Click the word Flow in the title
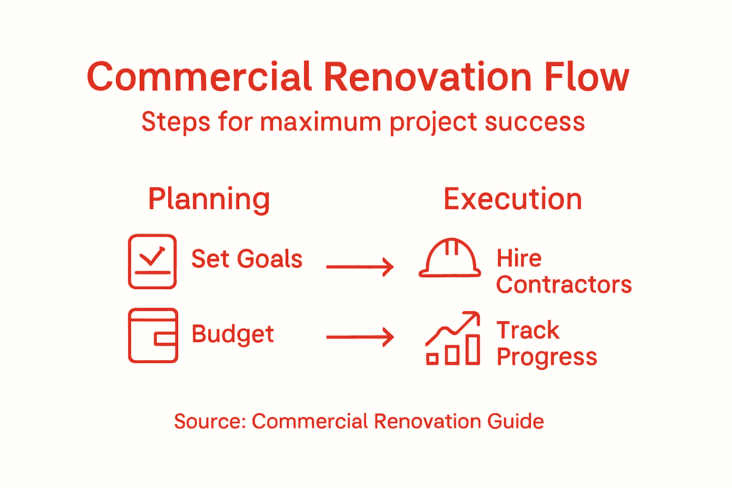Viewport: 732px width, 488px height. tap(587, 77)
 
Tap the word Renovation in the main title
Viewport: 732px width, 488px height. tap(427, 77)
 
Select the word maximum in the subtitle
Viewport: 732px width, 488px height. tap(320, 122)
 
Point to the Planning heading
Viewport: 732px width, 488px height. tap(209, 199)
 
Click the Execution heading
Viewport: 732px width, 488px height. tap(513, 199)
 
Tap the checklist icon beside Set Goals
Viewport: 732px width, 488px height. tap(152, 262)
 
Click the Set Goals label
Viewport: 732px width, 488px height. tap(247, 259)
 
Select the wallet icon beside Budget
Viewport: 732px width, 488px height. tap(153, 335)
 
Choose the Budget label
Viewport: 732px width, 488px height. tap(233, 334)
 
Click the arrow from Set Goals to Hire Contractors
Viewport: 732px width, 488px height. tap(360, 267)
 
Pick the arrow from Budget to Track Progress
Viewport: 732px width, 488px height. tap(360, 337)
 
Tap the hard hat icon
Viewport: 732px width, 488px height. tap(449, 258)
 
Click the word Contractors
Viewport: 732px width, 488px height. tap(564, 285)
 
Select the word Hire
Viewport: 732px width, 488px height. tap(519, 259)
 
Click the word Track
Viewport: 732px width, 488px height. tap(528, 330)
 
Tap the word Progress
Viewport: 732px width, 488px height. tap(547, 357)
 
